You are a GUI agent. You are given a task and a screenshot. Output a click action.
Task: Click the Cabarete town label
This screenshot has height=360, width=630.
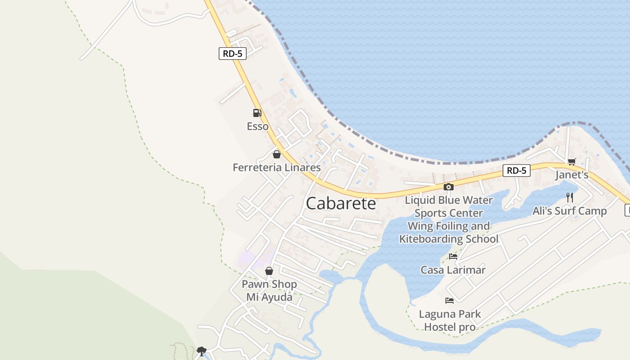[x=341, y=203]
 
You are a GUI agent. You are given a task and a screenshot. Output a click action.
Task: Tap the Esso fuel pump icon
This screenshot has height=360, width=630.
[x=257, y=112]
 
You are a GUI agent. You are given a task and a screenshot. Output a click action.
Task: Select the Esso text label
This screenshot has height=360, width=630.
[x=257, y=126]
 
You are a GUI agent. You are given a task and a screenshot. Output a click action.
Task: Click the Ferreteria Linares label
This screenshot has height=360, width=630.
[x=276, y=168]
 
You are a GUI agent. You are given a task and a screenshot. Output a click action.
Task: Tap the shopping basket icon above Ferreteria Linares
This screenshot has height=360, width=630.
[x=276, y=154]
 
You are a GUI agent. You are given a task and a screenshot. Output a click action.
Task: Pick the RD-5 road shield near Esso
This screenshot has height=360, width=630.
[x=233, y=54]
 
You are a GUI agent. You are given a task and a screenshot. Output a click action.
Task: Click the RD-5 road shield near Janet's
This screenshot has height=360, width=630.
[x=516, y=171]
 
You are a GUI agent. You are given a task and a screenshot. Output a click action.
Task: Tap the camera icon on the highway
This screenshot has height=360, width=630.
[x=448, y=187]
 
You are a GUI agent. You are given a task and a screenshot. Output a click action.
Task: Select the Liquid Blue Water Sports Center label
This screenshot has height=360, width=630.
[x=449, y=206]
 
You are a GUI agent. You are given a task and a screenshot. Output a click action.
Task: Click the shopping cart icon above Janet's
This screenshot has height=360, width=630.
[x=571, y=162]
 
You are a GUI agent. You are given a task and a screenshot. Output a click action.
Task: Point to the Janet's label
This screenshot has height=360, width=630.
[x=571, y=175]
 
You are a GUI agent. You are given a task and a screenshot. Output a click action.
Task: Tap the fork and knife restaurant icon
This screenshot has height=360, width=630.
[x=570, y=197]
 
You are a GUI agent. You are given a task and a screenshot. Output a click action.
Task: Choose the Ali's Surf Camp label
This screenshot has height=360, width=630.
[x=569, y=211]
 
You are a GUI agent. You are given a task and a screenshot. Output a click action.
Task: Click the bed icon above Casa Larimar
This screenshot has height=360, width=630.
[x=453, y=256]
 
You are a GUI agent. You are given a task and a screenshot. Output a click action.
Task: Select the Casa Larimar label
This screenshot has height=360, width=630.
[x=453, y=270]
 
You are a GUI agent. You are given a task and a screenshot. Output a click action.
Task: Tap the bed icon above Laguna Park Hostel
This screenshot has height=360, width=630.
[x=449, y=300]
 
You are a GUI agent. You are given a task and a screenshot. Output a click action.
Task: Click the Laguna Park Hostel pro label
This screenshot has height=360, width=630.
[x=450, y=320]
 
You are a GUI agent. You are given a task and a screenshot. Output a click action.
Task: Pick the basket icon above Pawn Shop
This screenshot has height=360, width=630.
[x=269, y=271]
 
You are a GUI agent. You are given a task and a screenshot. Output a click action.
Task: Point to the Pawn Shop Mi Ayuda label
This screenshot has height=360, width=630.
[x=269, y=291]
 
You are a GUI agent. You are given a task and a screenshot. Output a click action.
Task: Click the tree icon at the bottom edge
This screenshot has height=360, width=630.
[x=202, y=351]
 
